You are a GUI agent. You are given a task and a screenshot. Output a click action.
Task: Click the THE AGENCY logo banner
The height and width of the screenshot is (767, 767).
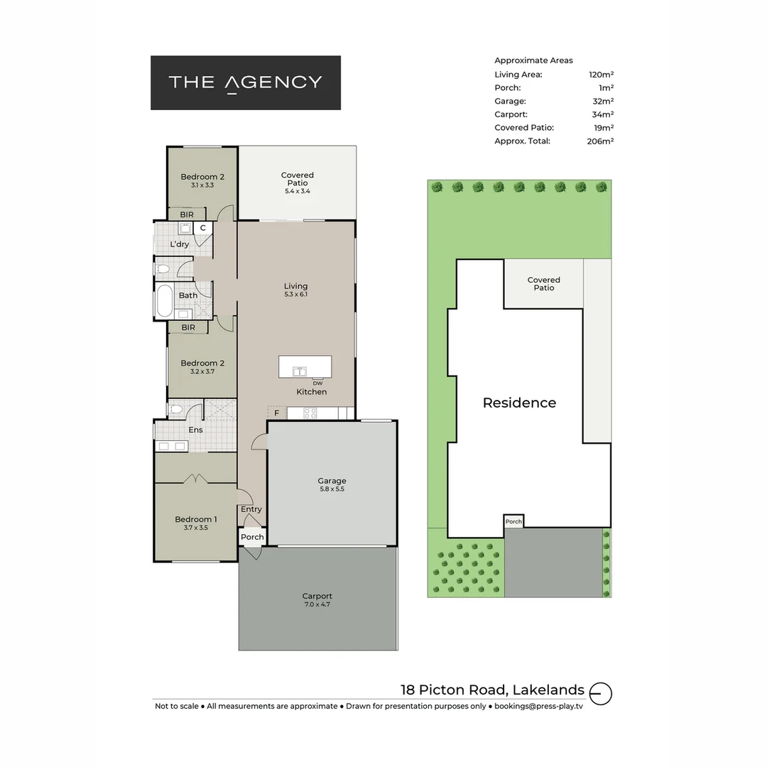245,82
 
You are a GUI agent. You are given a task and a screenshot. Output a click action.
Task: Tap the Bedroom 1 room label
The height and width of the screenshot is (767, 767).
195,519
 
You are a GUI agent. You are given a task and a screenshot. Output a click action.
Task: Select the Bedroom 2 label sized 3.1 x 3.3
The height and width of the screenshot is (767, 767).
202,177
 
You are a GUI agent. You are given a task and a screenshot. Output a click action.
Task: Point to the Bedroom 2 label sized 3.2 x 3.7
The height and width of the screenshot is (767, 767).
202,364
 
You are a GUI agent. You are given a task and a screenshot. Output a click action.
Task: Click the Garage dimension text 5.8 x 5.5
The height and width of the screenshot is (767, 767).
332,489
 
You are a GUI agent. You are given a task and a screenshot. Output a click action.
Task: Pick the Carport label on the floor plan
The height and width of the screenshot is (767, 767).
317,597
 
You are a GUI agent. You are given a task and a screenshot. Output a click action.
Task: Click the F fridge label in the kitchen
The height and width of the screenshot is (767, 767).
276,413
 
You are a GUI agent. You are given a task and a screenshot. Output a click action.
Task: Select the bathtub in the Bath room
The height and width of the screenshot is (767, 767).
164,300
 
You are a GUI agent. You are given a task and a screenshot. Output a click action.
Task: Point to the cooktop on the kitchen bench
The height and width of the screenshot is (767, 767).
310,413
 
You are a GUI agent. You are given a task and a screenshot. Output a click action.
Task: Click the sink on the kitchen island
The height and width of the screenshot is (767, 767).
299,370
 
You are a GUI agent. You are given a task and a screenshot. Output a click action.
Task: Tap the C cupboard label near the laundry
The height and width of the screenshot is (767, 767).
202,228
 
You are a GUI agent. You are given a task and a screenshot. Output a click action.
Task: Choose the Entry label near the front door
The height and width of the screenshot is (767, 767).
251,509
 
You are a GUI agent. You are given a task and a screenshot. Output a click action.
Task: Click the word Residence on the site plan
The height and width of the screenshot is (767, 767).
519,403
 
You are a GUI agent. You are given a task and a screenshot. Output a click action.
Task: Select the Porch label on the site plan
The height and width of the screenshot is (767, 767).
513,521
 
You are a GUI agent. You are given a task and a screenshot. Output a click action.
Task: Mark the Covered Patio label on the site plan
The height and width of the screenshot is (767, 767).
543,284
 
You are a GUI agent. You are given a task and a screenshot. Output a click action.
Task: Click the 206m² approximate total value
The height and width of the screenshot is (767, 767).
600,141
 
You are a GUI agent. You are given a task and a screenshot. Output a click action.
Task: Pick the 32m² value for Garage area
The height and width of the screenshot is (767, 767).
602,102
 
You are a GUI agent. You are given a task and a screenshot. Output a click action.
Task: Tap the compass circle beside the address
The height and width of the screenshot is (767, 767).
601,692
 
